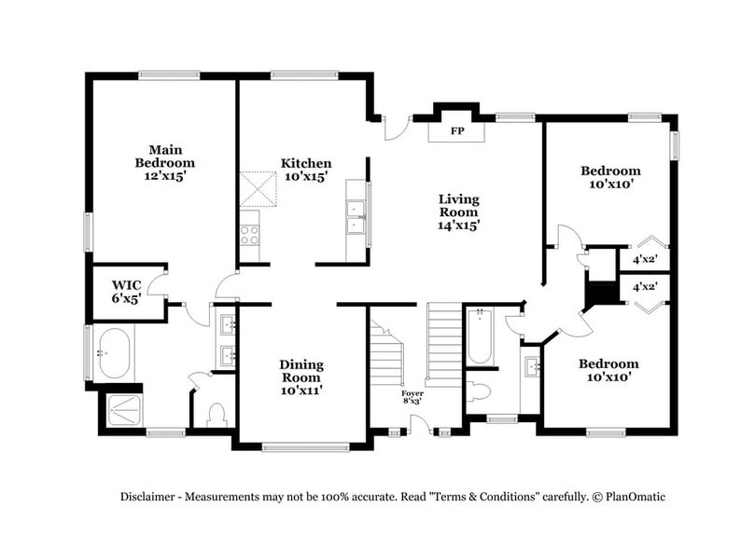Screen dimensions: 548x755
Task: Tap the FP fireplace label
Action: pyautogui.click(x=457, y=131)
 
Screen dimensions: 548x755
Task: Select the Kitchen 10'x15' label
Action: pyautogui.click(x=306, y=170)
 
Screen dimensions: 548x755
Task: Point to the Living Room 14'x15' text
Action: pyautogui.click(x=459, y=212)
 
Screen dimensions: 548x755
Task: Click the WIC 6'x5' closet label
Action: pyautogui.click(x=127, y=291)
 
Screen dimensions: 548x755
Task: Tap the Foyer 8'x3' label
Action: pyautogui.click(x=412, y=399)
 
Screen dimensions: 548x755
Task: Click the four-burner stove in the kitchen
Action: pyautogui.click(x=249, y=233)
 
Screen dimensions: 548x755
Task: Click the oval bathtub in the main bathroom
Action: pyautogui.click(x=114, y=353)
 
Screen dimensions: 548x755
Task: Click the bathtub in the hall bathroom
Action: pyautogui.click(x=481, y=336)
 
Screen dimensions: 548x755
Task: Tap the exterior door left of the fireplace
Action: pyautogui.click(x=398, y=127)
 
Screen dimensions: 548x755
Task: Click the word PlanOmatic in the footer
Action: pyautogui.click(x=634, y=497)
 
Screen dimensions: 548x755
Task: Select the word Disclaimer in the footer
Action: pyautogui.click(x=148, y=497)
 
